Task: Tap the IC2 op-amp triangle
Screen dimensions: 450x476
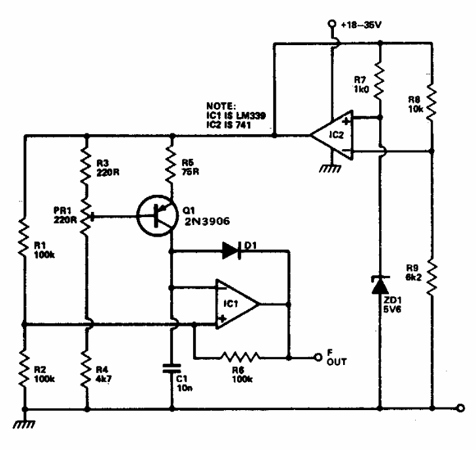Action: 331,135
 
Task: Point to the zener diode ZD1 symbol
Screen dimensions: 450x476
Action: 380,285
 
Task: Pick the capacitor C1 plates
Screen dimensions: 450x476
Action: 172,368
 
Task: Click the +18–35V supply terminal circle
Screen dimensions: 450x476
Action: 331,26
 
